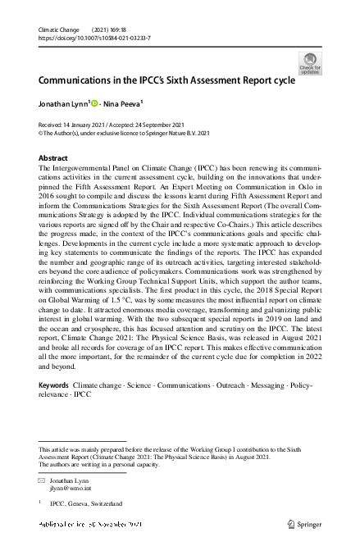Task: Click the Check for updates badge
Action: click(310, 63)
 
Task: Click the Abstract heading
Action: click(53, 157)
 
